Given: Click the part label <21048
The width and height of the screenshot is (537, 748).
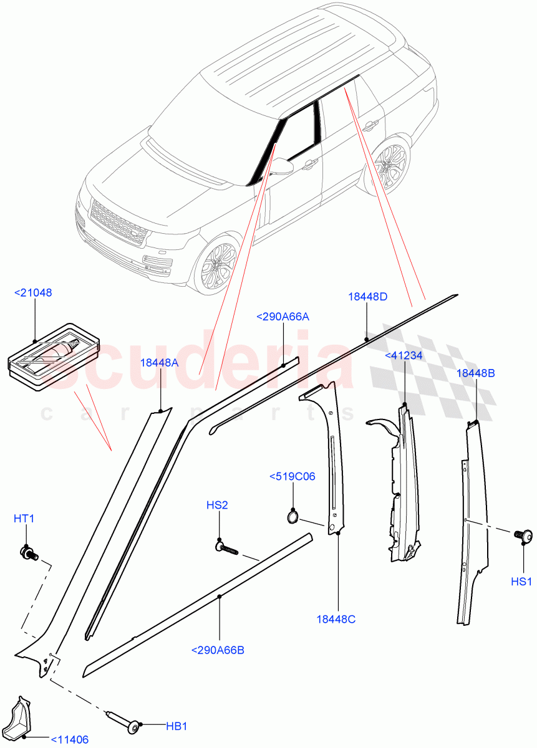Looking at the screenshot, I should (x=34, y=292).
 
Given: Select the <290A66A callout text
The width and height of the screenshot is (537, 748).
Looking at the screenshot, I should (x=283, y=317).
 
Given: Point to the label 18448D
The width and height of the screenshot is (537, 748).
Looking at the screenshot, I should (x=367, y=297).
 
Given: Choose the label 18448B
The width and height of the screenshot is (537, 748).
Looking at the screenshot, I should (x=476, y=373).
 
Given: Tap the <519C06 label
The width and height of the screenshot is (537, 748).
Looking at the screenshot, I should (x=292, y=477).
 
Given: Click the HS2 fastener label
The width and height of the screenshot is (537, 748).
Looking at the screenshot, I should (x=218, y=505).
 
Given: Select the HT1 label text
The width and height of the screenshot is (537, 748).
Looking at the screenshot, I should (x=24, y=518).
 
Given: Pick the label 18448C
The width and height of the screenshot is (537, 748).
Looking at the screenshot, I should (x=336, y=619).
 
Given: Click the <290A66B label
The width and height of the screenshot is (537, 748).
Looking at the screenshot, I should (x=218, y=650).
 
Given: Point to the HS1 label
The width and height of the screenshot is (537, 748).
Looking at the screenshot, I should (x=521, y=582).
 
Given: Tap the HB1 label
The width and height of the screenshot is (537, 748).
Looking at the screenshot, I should (x=177, y=726).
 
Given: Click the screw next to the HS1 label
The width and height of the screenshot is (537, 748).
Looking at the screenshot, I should (x=521, y=534).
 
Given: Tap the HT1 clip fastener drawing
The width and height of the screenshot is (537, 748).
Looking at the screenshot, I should (x=29, y=552).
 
